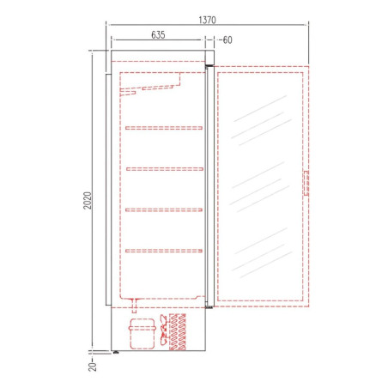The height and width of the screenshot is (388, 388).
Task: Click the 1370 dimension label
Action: point(207,20)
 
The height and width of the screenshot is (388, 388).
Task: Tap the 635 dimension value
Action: point(158,35)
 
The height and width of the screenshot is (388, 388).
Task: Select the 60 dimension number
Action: point(227,40)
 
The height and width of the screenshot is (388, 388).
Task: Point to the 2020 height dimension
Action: point(88,200)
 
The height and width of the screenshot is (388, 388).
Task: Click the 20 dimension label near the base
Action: point(93,367)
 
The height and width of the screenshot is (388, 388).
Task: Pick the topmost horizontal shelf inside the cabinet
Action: point(164,128)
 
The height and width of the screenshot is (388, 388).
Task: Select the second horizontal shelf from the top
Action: point(165,169)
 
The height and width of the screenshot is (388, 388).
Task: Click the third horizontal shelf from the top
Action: point(164,210)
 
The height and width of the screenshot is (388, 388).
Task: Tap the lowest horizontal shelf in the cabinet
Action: point(164,251)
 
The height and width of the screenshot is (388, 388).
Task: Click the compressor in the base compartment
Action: point(142,334)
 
